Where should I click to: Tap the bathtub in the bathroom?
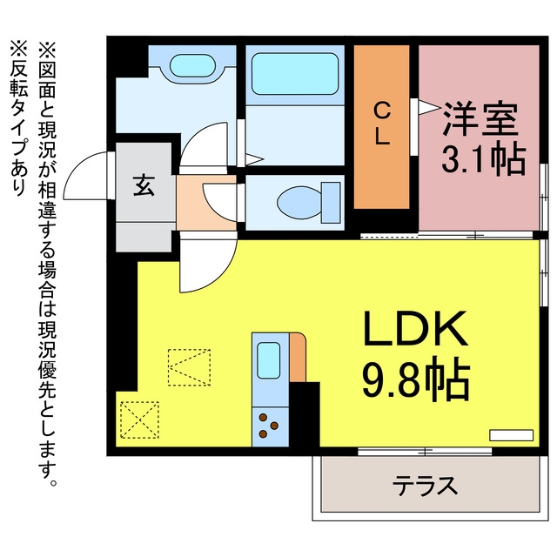click(294, 74)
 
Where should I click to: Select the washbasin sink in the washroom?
click(192, 65)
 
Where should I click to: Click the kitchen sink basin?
click(268, 360)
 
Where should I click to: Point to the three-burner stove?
click(269, 426)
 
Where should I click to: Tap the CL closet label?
click(382, 124)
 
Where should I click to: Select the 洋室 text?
click(480, 118)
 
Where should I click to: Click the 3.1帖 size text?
click(483, 159)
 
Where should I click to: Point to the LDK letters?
click(414, 329)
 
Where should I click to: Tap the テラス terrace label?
click(426, 486)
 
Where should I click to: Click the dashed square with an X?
click(139, 419)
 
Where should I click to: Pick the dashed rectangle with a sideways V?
click(189, 367)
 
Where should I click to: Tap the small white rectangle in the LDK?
click(511, 435)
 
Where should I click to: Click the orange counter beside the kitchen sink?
click(298, 358)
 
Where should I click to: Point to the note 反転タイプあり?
click(18, 118)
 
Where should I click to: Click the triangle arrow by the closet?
click(429, 107)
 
